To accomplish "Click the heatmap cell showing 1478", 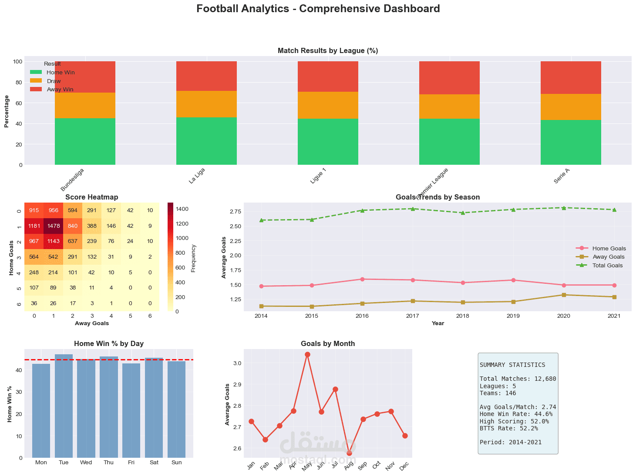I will pyautogui.click(x=53, y=226).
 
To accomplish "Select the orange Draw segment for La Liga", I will pyautogui.click(x=206, y=104).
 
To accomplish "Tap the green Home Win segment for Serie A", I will pyautogui.click(x=571, y=142).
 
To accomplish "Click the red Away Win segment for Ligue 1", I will pyautogui.click(x=328, y=77).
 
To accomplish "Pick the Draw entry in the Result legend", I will pyautogui.click(x=54, y=81).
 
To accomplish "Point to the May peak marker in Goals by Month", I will pyautogui.click(x=307, y=355).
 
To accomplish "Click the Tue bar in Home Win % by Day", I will pyautogui.click(x=64, y=406).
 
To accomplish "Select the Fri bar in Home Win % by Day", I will pyautogui.click(x=131, y=410).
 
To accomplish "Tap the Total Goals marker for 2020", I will pyautogui.click(x=564, y=208).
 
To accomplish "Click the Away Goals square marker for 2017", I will pyautogui.click(x=412, y=301).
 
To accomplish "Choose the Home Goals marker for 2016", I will pyautogui.click(x=362, y=279).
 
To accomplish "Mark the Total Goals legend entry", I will pyautogui.click(x=607, y=265).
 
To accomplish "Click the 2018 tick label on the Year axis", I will pyautogui.click(x=463, y=316).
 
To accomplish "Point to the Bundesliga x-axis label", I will pyautogui.click(x=72, y=180).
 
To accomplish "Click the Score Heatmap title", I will pyautogui.click(x=91, y=197).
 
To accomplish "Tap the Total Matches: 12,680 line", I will pyautogui.click(x=518, y=379).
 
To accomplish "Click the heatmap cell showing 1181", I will pyautogui.click(x=34, y=226).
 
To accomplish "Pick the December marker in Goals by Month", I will pyautogui.click(x=405, y=436).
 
